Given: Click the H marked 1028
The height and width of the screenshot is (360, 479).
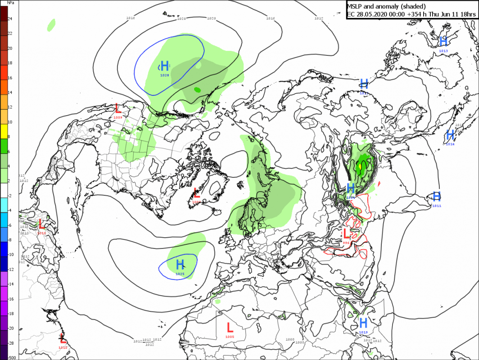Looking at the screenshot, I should click(165, 66).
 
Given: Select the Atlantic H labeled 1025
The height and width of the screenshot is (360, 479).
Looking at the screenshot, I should click(180, 265).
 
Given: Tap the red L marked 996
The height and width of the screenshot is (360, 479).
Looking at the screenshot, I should click(346, 234).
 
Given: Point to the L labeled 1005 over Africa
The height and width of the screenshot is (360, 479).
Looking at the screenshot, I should click(230, 327).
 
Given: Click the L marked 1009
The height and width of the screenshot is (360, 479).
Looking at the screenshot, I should click(118, 108).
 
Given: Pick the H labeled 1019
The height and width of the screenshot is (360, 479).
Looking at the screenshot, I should click(363, 323).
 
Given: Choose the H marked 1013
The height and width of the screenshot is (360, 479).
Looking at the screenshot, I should click(443, 42).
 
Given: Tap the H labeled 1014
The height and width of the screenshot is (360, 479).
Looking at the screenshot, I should click(450, 135).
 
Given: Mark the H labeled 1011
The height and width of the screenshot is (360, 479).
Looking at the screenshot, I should click(436, 196).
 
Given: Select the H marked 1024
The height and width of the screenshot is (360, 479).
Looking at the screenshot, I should click(351, 188).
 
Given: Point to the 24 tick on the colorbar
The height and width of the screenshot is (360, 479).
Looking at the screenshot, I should click(10, 18).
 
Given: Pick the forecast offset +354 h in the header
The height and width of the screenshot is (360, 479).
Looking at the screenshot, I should click(415, 14).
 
